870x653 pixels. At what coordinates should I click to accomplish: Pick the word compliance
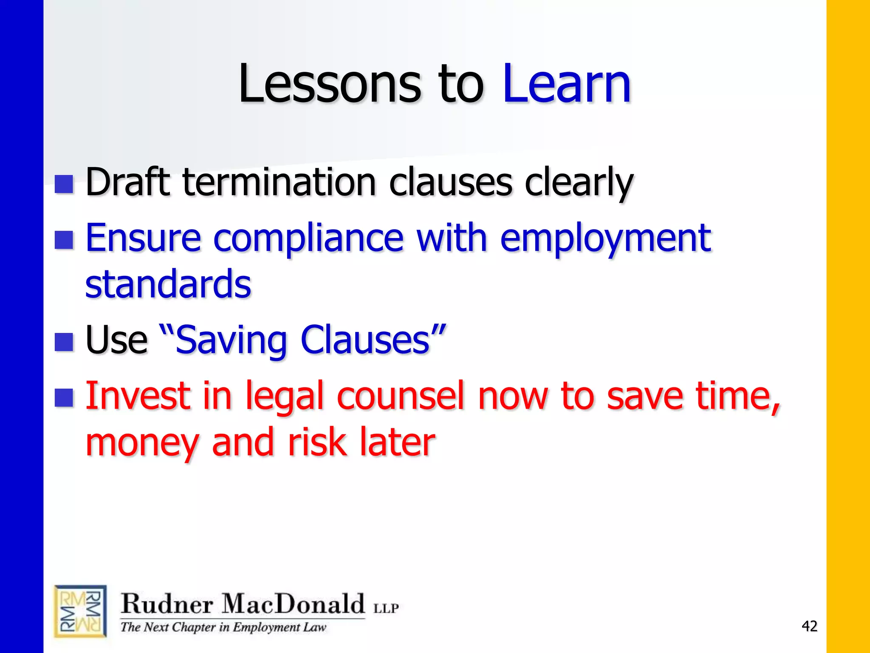tap(308, 239)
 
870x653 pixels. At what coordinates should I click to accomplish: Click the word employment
tap(605, 239)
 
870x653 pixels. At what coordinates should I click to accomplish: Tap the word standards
tap(168, 284)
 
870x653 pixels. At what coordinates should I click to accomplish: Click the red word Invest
tap(138, 396)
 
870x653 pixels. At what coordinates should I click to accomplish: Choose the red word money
tap(142, 443)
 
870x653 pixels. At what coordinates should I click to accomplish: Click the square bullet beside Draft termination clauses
tap(64, 185)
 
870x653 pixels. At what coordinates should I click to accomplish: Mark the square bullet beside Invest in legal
tap(64, 398)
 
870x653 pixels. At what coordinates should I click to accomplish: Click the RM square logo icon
tap(80, 611)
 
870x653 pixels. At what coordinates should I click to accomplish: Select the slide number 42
tap(809, 626)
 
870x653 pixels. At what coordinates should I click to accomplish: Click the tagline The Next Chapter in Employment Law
tap(223, 627)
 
